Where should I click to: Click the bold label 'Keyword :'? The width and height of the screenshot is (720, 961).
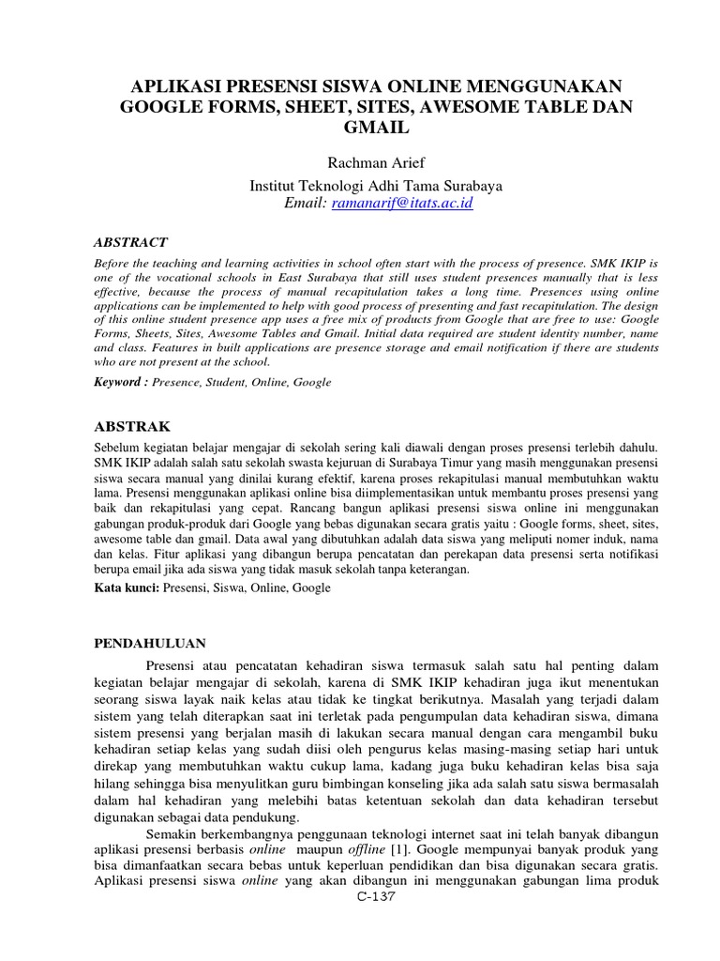tap(122, 382)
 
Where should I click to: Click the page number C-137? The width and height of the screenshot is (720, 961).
tap(376, 897)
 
